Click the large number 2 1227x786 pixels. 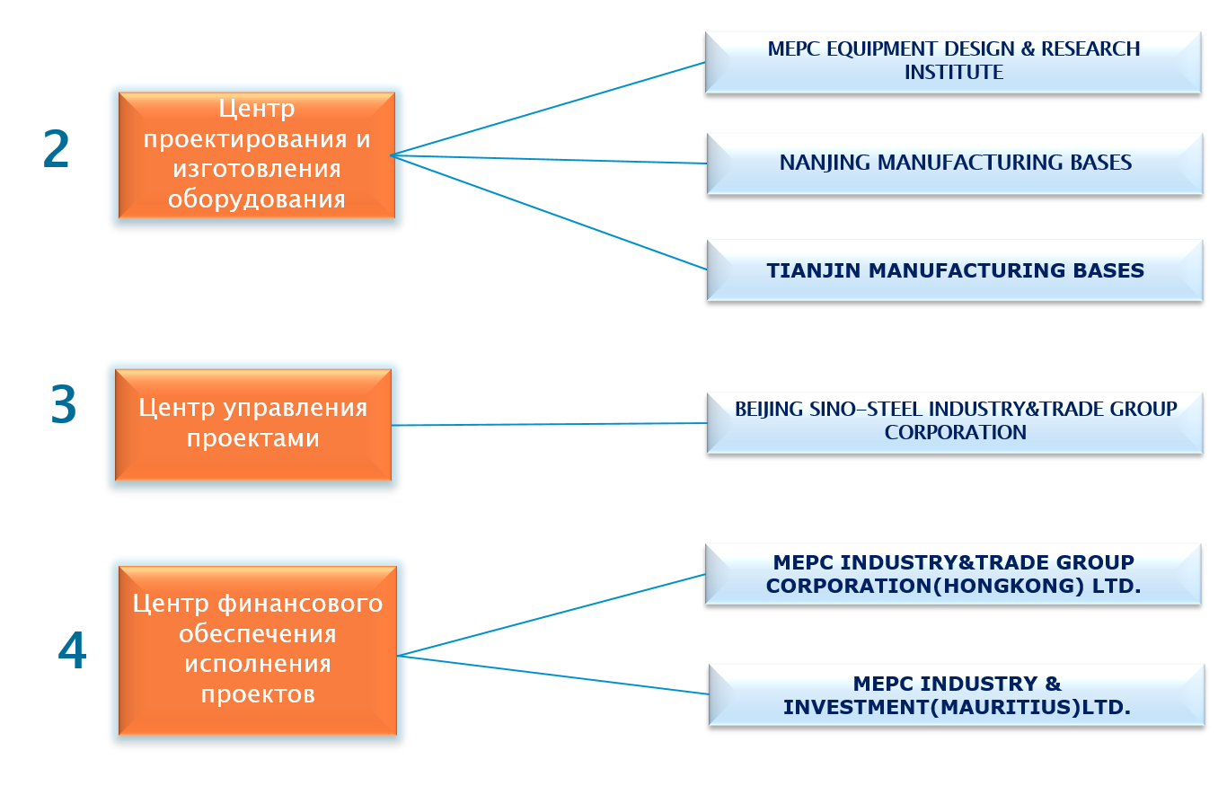tap(56, 148)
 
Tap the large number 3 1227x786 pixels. tap(64, 404)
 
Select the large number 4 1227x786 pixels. tap(72, 649)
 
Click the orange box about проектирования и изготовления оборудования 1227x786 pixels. tap(257, 155)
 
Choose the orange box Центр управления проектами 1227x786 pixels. tap(253, 425)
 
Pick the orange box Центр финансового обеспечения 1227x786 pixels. tap(258, 650)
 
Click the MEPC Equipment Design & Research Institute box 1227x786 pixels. tap(953, 62)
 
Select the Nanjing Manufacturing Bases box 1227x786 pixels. tap(955, 163)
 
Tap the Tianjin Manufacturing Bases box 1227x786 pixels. tap(955, 270)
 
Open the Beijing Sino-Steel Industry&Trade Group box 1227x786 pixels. tap(955, 423)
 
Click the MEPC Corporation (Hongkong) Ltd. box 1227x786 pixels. tap(953, 574)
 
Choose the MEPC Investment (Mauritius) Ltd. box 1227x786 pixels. tap(957, 694)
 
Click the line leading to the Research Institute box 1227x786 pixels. tap(548, 109)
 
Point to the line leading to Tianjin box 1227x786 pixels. tap(548, 213)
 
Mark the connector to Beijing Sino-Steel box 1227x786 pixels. tap(550, 424)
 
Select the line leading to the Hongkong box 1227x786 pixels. tap(551, 614)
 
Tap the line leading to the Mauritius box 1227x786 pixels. tap(552, 675)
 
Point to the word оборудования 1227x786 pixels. tap(257, 199)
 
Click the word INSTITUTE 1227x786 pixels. tap(954, 72)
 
